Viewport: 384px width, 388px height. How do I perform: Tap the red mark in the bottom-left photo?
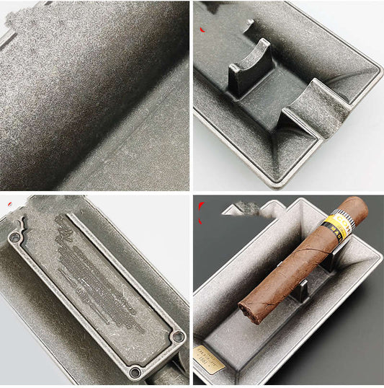tap(9, 206)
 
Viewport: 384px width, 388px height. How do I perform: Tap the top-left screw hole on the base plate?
tap(14, 236)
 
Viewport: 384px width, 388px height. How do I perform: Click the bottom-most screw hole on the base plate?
tap(135, 371)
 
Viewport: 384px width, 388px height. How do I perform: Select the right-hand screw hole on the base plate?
tap(178, 336)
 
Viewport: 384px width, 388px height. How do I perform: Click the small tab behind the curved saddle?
tap(249, 26)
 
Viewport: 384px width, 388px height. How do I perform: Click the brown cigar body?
tap(288, 267)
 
